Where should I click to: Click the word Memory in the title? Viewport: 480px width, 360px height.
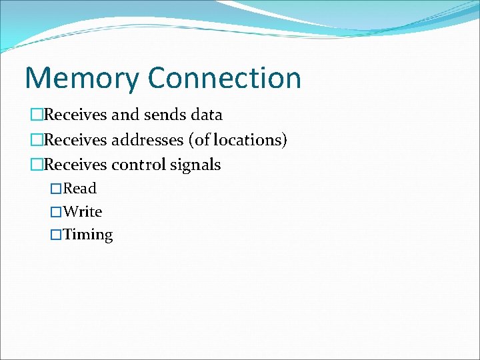click(82, 78)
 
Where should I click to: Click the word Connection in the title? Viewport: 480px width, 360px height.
click(225, 78)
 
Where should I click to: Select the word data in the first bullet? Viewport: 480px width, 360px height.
click(206, 115)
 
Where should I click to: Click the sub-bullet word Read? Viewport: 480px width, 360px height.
click(80, 189)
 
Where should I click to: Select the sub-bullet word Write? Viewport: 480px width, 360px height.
click(83, 212)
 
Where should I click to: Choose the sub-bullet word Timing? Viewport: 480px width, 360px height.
click(88, 235)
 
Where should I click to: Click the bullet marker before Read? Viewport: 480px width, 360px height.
click(57, 189)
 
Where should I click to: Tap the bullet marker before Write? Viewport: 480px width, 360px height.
click(57, 213)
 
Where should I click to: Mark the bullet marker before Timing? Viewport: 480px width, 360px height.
click(57, 235)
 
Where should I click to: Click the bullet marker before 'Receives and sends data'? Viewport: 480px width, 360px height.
click(36, 115)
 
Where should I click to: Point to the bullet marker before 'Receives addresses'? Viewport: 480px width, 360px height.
click(36, 141)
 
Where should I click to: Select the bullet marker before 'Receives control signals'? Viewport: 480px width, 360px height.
click(36, 165)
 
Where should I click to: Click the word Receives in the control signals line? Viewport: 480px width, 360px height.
click(75, 165)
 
